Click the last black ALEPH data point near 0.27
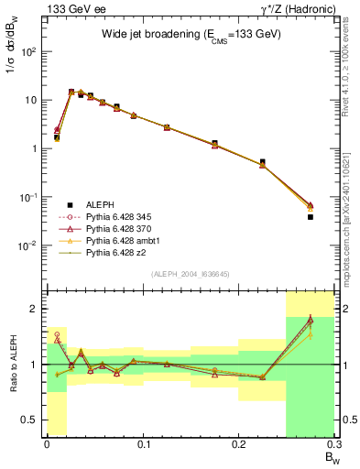[x=311, y=217]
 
